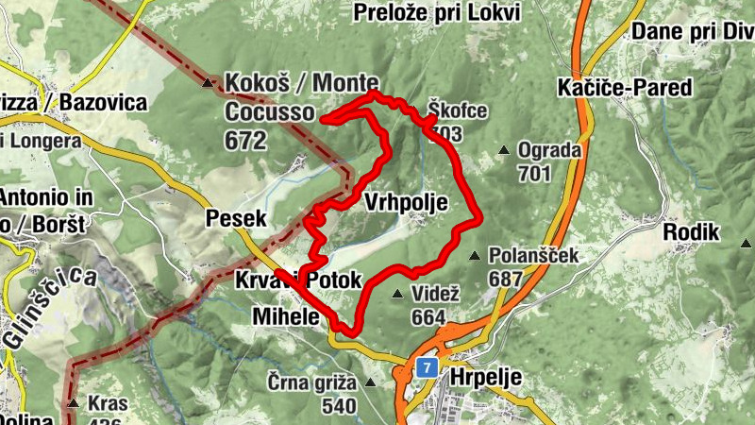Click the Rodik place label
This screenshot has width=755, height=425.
(692, 232)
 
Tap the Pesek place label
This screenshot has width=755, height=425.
(235, 219)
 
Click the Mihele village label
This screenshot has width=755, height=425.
(286, 317)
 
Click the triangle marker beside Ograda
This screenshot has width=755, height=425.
(505, 149)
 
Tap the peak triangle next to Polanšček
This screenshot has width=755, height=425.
(475, 256)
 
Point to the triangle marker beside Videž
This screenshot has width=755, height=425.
(398, 294)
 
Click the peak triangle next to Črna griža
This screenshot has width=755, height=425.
(370, 382)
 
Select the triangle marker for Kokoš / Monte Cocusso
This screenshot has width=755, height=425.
(209, 82)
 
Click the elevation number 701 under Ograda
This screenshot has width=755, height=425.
(534, 174)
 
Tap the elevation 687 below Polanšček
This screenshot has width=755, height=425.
(506, 280)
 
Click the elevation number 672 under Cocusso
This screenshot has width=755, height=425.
(245, 141)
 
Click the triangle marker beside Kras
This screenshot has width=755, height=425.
(73, 402)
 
